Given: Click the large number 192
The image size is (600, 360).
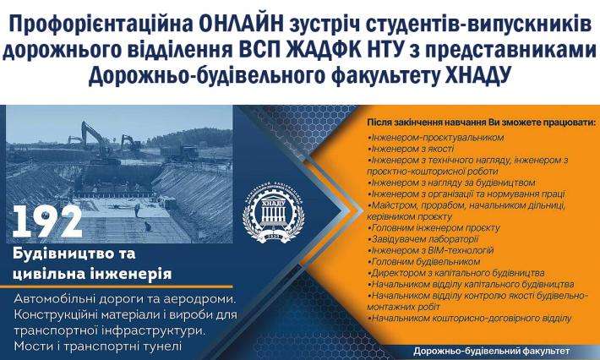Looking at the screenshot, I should click(x=48, y=221).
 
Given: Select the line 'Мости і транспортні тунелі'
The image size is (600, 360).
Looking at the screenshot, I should click(x=98, y=346).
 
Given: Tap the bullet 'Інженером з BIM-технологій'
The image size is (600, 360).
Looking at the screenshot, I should click(x=432, y=251).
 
